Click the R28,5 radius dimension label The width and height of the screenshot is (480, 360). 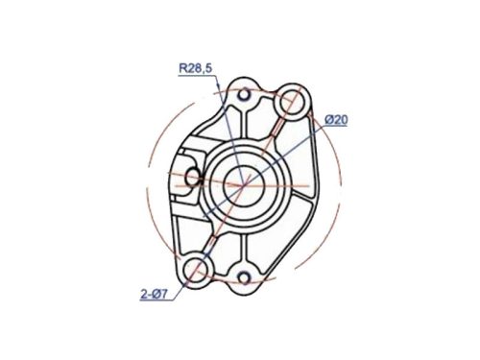click(x=196, y=68)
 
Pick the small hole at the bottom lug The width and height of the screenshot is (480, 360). click(x=246, y=278)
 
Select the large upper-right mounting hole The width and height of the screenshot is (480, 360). click(x=294, y=103)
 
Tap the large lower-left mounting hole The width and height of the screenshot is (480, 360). click(x=199, y=269)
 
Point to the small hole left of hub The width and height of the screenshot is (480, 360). click(x=193, y=176)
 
